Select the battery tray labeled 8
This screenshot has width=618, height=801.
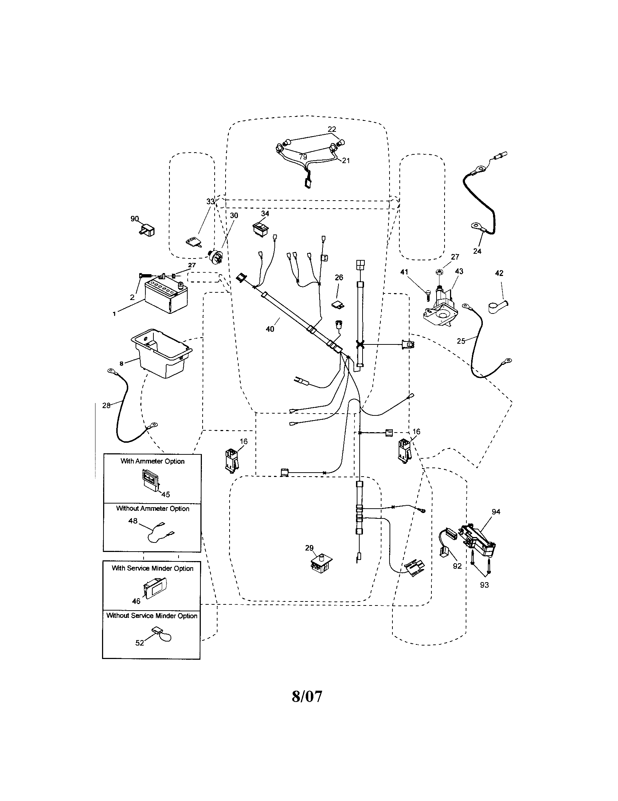(161, 352)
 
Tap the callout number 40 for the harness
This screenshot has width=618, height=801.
(270, 329)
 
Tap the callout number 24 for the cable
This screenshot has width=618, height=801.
(477, 251)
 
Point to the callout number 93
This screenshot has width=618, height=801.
(484, 585)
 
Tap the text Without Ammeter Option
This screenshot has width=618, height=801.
(153, 509)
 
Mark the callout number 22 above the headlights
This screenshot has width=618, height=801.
(332, 129)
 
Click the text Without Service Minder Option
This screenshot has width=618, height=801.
(152, 616)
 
